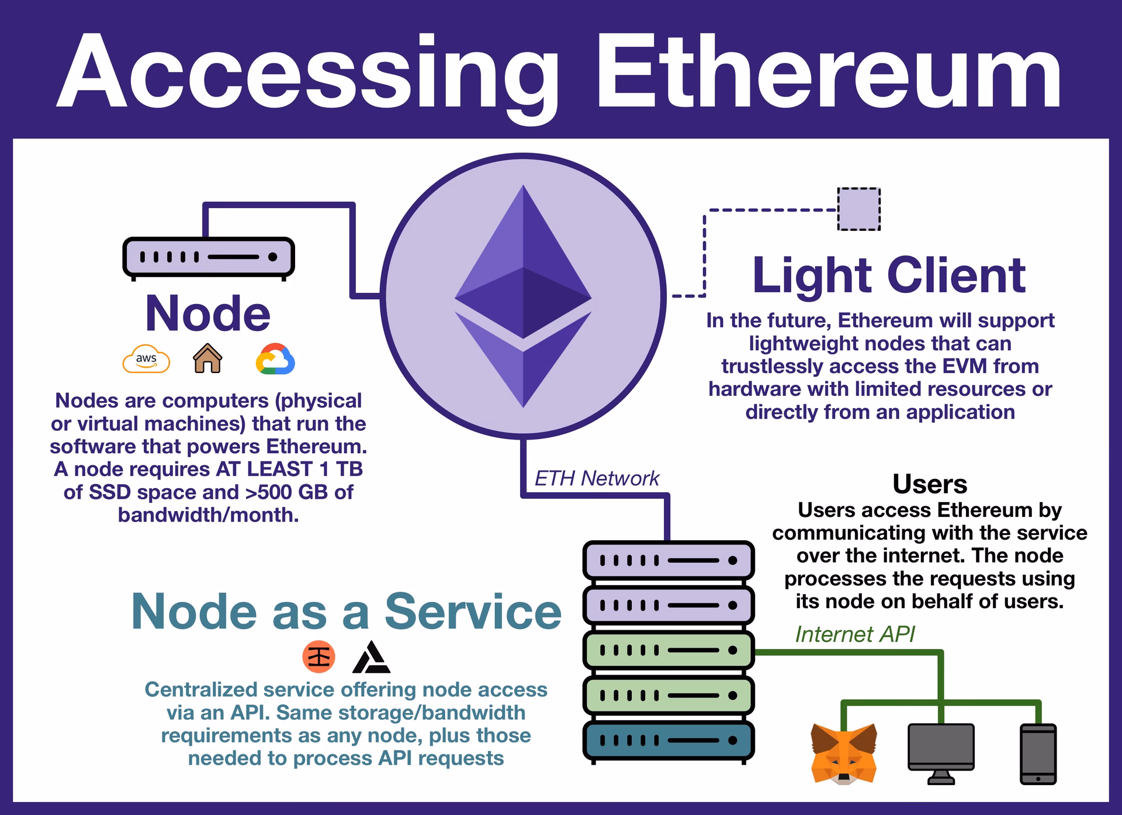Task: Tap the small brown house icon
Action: click(x=207, y=358)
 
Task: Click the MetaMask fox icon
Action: click(x=844, y=754)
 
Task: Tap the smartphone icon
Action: click(x=1038, y=754)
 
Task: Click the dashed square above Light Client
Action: click(x=858, y=209)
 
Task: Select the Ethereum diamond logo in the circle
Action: click(x=523, y=296)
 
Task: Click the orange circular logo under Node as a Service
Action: click(x=318, y=657)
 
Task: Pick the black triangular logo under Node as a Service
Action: click(x=371, y=658)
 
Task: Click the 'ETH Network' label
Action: click(x=596, y=478)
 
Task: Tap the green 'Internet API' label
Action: click(x=854, y=634)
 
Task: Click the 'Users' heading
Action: click(x=930, y=484)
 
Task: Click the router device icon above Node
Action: click(x=209, y=257)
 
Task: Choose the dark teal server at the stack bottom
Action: click(x=669, y=740)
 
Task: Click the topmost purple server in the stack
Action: click(x=669, y=560)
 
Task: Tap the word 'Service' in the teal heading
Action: click(x=473, y=612)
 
